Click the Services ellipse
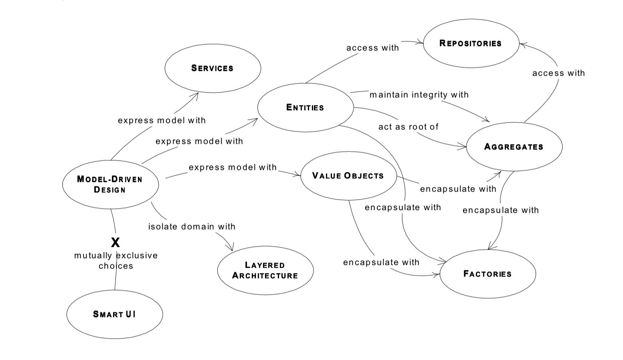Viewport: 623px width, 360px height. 212,68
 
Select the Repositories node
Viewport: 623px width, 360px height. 471,43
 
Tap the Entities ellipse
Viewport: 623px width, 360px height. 305,107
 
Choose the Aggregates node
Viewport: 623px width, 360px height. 514,147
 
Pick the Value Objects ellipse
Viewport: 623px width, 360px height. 348,176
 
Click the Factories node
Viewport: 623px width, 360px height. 487,274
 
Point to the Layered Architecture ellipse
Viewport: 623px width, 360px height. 265,270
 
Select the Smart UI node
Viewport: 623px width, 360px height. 114,314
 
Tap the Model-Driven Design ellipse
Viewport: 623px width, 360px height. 110,184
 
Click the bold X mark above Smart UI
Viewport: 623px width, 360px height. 115,243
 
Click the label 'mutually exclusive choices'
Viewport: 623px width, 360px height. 116,261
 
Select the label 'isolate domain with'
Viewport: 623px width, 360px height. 192,227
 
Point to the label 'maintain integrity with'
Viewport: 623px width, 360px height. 419,95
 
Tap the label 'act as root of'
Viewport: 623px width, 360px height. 408,127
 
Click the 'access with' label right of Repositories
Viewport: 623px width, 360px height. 558,73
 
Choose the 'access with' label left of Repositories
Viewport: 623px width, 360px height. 372,48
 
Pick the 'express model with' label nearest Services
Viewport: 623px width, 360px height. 162,120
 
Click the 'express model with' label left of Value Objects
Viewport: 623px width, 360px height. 233,167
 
